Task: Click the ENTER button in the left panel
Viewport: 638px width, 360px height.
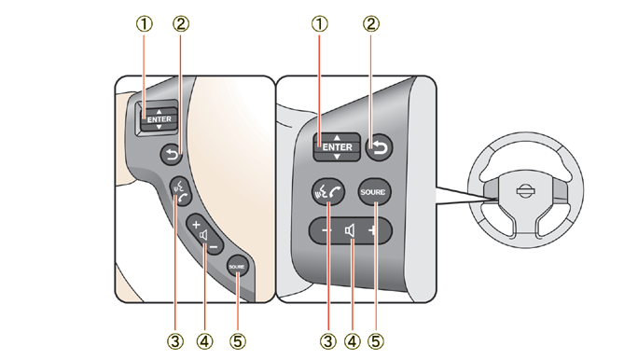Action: pos(159,118)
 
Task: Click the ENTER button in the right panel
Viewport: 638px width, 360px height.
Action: pos(337,146)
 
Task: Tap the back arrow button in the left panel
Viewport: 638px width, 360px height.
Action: pos(172,155)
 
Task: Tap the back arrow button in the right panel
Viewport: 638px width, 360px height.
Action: pos(380,146)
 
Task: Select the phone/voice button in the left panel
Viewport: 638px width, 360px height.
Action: pos(181,191)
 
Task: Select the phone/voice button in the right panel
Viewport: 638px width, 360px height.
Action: pos(328,191)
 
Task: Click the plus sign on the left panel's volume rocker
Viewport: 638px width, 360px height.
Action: pos(196,224)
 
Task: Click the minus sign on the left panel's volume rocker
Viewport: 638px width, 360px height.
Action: pos(215,246)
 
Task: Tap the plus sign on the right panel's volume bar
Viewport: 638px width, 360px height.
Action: pos(372,230)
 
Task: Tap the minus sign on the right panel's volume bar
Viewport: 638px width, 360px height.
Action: pos(326,230)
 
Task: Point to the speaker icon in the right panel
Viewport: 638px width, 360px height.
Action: pos(350,231)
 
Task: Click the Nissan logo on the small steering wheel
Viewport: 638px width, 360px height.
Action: pos(525,191)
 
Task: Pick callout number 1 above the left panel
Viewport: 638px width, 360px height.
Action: pos(144,24)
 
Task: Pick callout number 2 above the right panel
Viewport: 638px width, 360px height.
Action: pos(370,24)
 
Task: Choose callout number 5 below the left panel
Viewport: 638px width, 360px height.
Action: pos(238,341)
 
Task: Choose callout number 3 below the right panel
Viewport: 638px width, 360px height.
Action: pos(328,341)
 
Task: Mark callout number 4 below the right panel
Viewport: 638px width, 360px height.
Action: pos(352,341)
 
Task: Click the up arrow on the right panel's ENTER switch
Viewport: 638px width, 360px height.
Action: pos(337,138)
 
